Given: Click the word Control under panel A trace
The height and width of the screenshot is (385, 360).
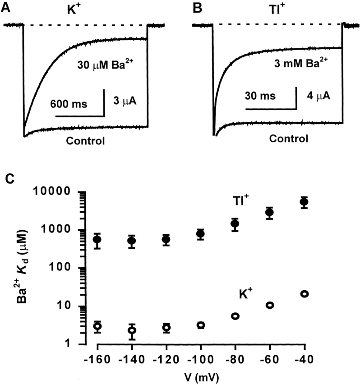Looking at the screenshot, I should (85, 140).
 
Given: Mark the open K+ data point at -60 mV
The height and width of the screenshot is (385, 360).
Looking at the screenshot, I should (270, 305).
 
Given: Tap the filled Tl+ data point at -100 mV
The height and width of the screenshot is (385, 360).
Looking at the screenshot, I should (200, 234).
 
